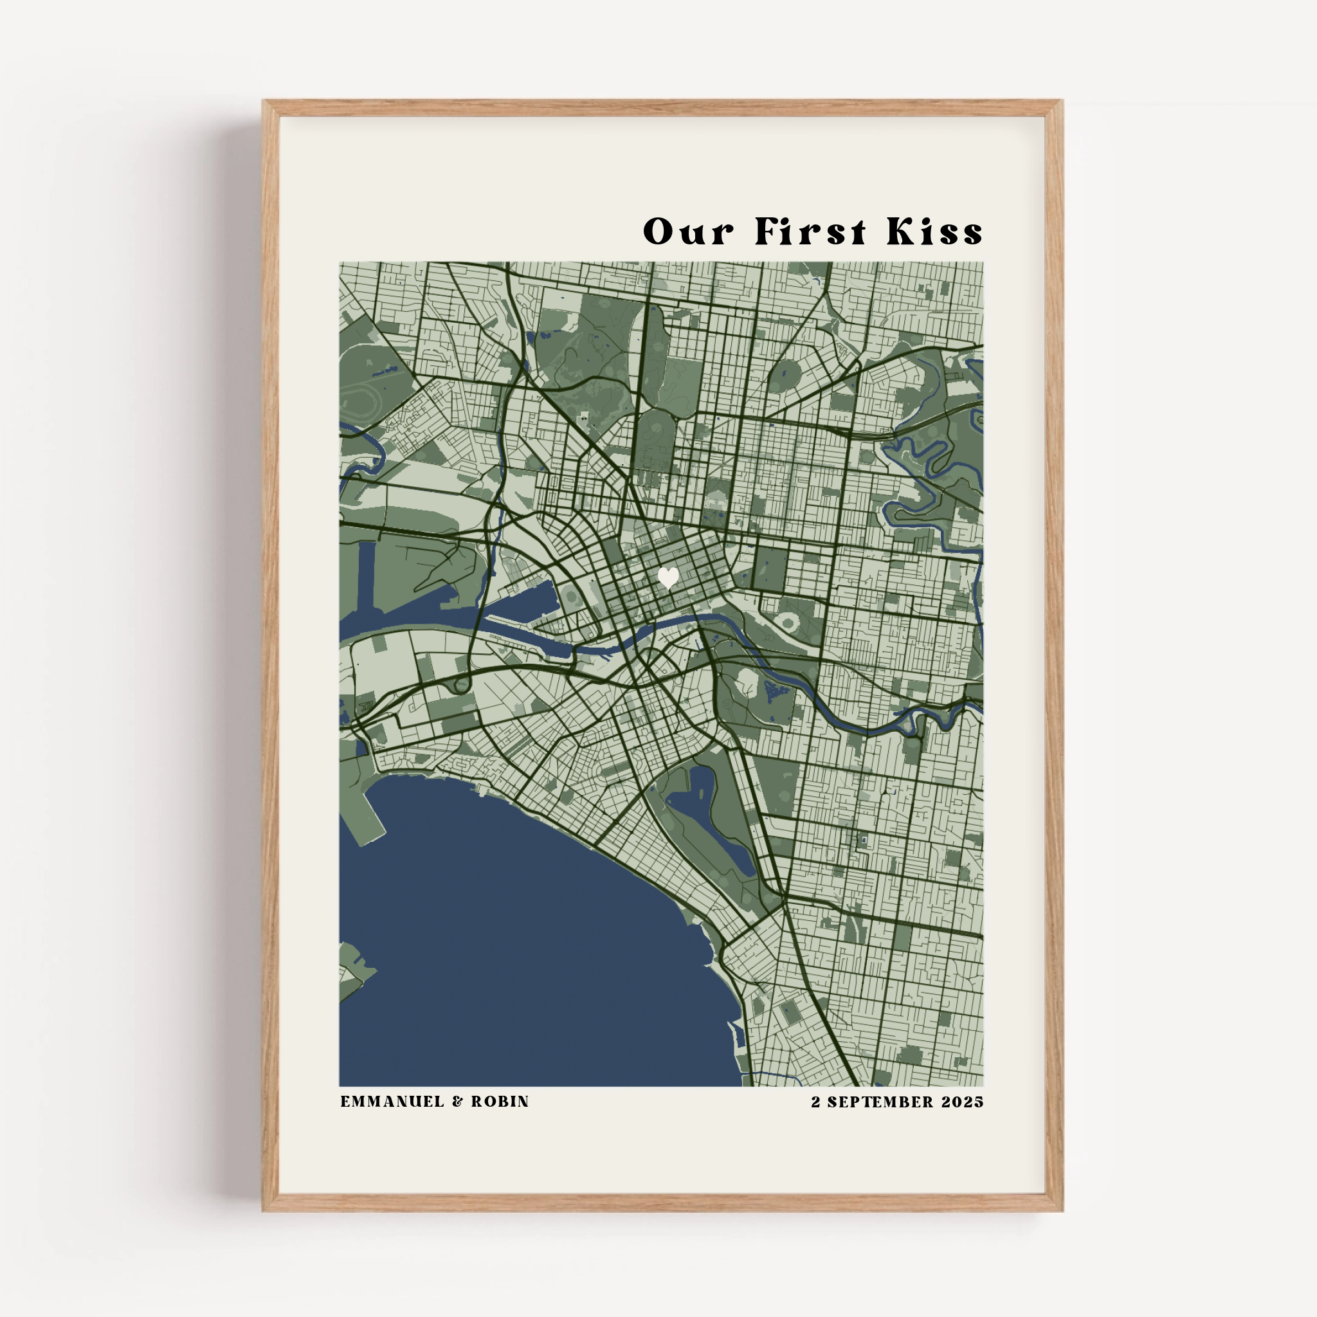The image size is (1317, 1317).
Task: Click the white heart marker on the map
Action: pos(668,578)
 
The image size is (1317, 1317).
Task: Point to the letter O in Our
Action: pos(658,232)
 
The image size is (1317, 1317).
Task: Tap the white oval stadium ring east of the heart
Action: pos(790,621)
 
